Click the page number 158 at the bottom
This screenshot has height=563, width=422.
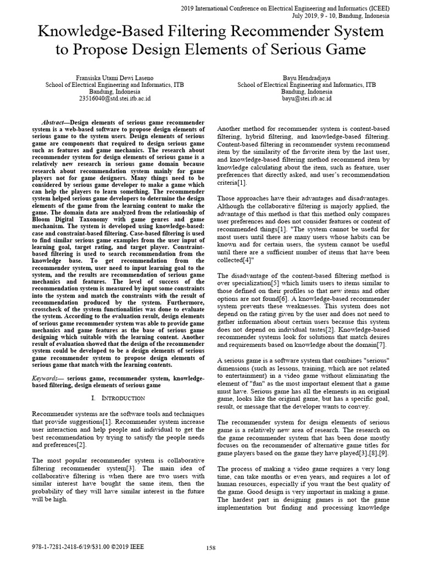210,548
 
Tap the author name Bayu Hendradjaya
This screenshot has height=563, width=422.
307,78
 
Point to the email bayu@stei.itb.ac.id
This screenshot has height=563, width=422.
307,99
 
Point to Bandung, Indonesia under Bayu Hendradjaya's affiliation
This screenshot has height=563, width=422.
307,92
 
